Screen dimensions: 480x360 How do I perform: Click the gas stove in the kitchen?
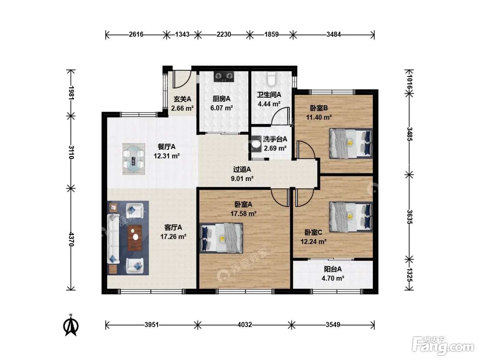224,76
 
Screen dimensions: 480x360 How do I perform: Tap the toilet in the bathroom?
272,79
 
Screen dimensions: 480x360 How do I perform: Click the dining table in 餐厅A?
134,159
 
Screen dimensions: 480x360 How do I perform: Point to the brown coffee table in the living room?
135,238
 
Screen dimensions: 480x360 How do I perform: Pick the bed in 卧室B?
351,143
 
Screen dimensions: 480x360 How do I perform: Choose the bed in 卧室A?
221,238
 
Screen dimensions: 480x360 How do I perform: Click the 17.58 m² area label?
243,214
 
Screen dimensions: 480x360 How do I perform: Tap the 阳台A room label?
333,269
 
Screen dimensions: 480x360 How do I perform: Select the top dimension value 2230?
224,34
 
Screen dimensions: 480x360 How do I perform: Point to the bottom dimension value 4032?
245,325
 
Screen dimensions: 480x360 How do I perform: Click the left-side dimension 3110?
71,152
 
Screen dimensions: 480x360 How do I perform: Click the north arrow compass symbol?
71,325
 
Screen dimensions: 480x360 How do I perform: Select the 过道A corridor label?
242,169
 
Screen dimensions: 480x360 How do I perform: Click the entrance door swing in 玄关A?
182,79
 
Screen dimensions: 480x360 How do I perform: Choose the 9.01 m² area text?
242,179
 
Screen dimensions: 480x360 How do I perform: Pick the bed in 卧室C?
351,217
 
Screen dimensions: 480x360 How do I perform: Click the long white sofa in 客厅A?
113,239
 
